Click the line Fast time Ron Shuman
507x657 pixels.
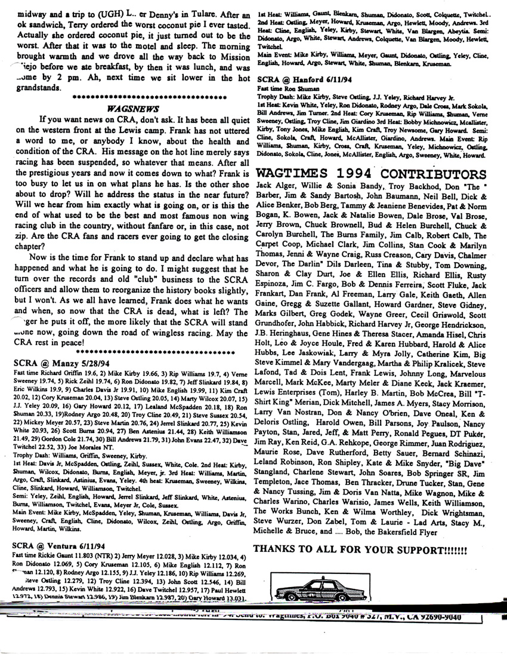click(287, 87)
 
